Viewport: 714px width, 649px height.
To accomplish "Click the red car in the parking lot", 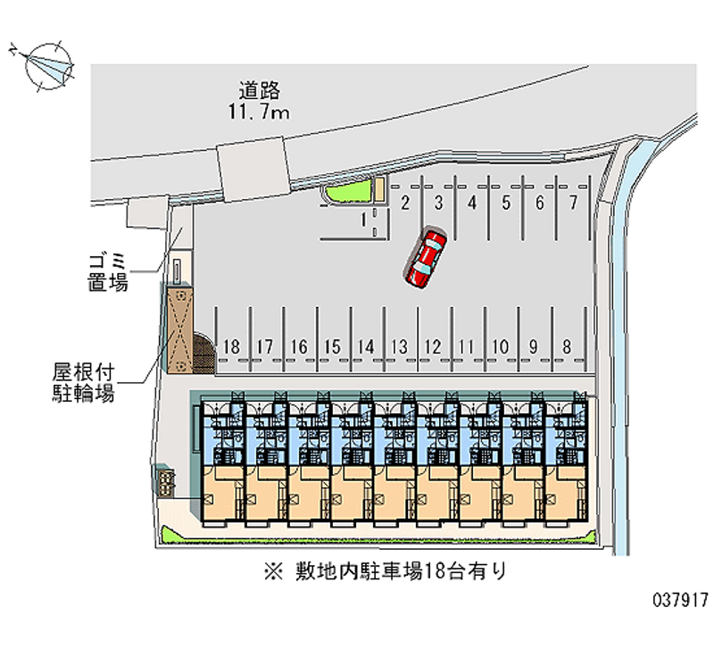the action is [425, 258].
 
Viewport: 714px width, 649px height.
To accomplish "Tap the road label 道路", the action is [259, 90].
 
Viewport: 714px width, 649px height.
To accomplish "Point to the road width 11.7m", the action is [258, 112].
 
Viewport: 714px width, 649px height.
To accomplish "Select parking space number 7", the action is [573, 203].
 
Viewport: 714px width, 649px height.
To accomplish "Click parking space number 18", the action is [231, 346].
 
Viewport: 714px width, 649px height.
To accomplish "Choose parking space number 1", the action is [363, 220].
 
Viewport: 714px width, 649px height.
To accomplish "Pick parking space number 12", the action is [433, 346].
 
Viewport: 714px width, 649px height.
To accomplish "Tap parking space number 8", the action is [567, 346].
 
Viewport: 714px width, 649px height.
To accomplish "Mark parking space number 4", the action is [472, 203].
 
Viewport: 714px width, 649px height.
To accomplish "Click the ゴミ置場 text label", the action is [108, 273].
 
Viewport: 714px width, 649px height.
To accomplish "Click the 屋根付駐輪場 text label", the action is [83, 383].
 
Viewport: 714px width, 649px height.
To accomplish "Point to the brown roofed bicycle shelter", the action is [180, 330].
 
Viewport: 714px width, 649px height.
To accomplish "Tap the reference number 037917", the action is [681, 599].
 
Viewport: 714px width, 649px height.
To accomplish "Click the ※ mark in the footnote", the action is [274, 571].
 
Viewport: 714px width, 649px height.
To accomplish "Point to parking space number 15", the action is [332, 346].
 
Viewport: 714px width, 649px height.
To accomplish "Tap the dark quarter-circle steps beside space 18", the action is [203, 353].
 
